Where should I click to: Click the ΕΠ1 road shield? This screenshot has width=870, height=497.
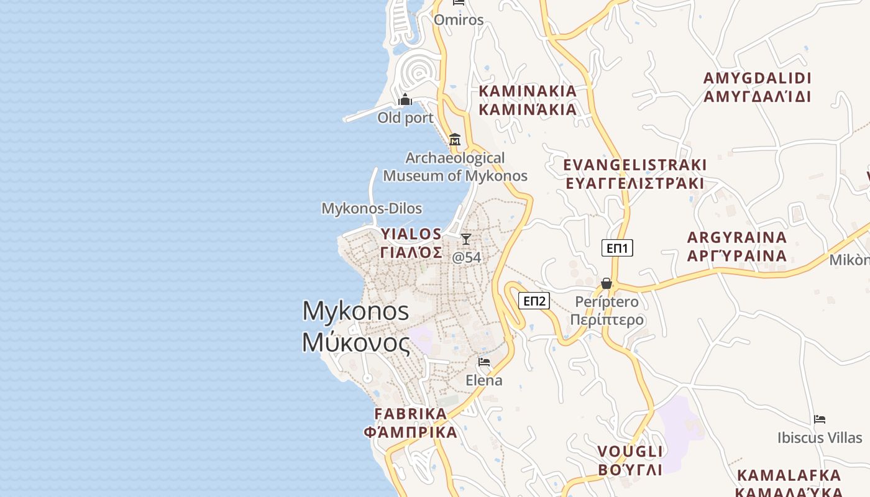point(617,248)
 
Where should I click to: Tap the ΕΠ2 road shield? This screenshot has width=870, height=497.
point(534,301)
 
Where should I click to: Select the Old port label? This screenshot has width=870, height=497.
point(405,117)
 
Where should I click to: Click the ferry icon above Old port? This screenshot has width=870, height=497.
point(405,99)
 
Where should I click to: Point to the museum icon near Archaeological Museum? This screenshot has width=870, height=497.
point(455,139)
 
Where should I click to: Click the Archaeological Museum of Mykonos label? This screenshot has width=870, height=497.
point(455,166)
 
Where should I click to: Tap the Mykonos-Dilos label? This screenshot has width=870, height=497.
point(372,209)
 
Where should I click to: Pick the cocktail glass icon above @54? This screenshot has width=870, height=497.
point(465,239)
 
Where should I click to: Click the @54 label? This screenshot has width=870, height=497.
point(466,257)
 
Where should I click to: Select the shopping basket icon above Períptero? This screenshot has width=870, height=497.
point(607,284)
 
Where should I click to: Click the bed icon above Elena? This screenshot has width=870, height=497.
point(484,362)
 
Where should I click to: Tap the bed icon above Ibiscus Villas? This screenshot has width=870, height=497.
point(820,419)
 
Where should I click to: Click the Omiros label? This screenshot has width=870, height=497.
point(459,20)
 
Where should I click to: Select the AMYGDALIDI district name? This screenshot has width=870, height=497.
point(758,88)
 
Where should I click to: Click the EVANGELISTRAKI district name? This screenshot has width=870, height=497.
point(634,174)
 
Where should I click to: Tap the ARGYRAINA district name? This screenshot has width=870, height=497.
point(737,247)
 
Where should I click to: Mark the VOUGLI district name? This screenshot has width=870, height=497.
point(630,460)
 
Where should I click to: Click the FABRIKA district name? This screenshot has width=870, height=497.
point(411,423)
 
